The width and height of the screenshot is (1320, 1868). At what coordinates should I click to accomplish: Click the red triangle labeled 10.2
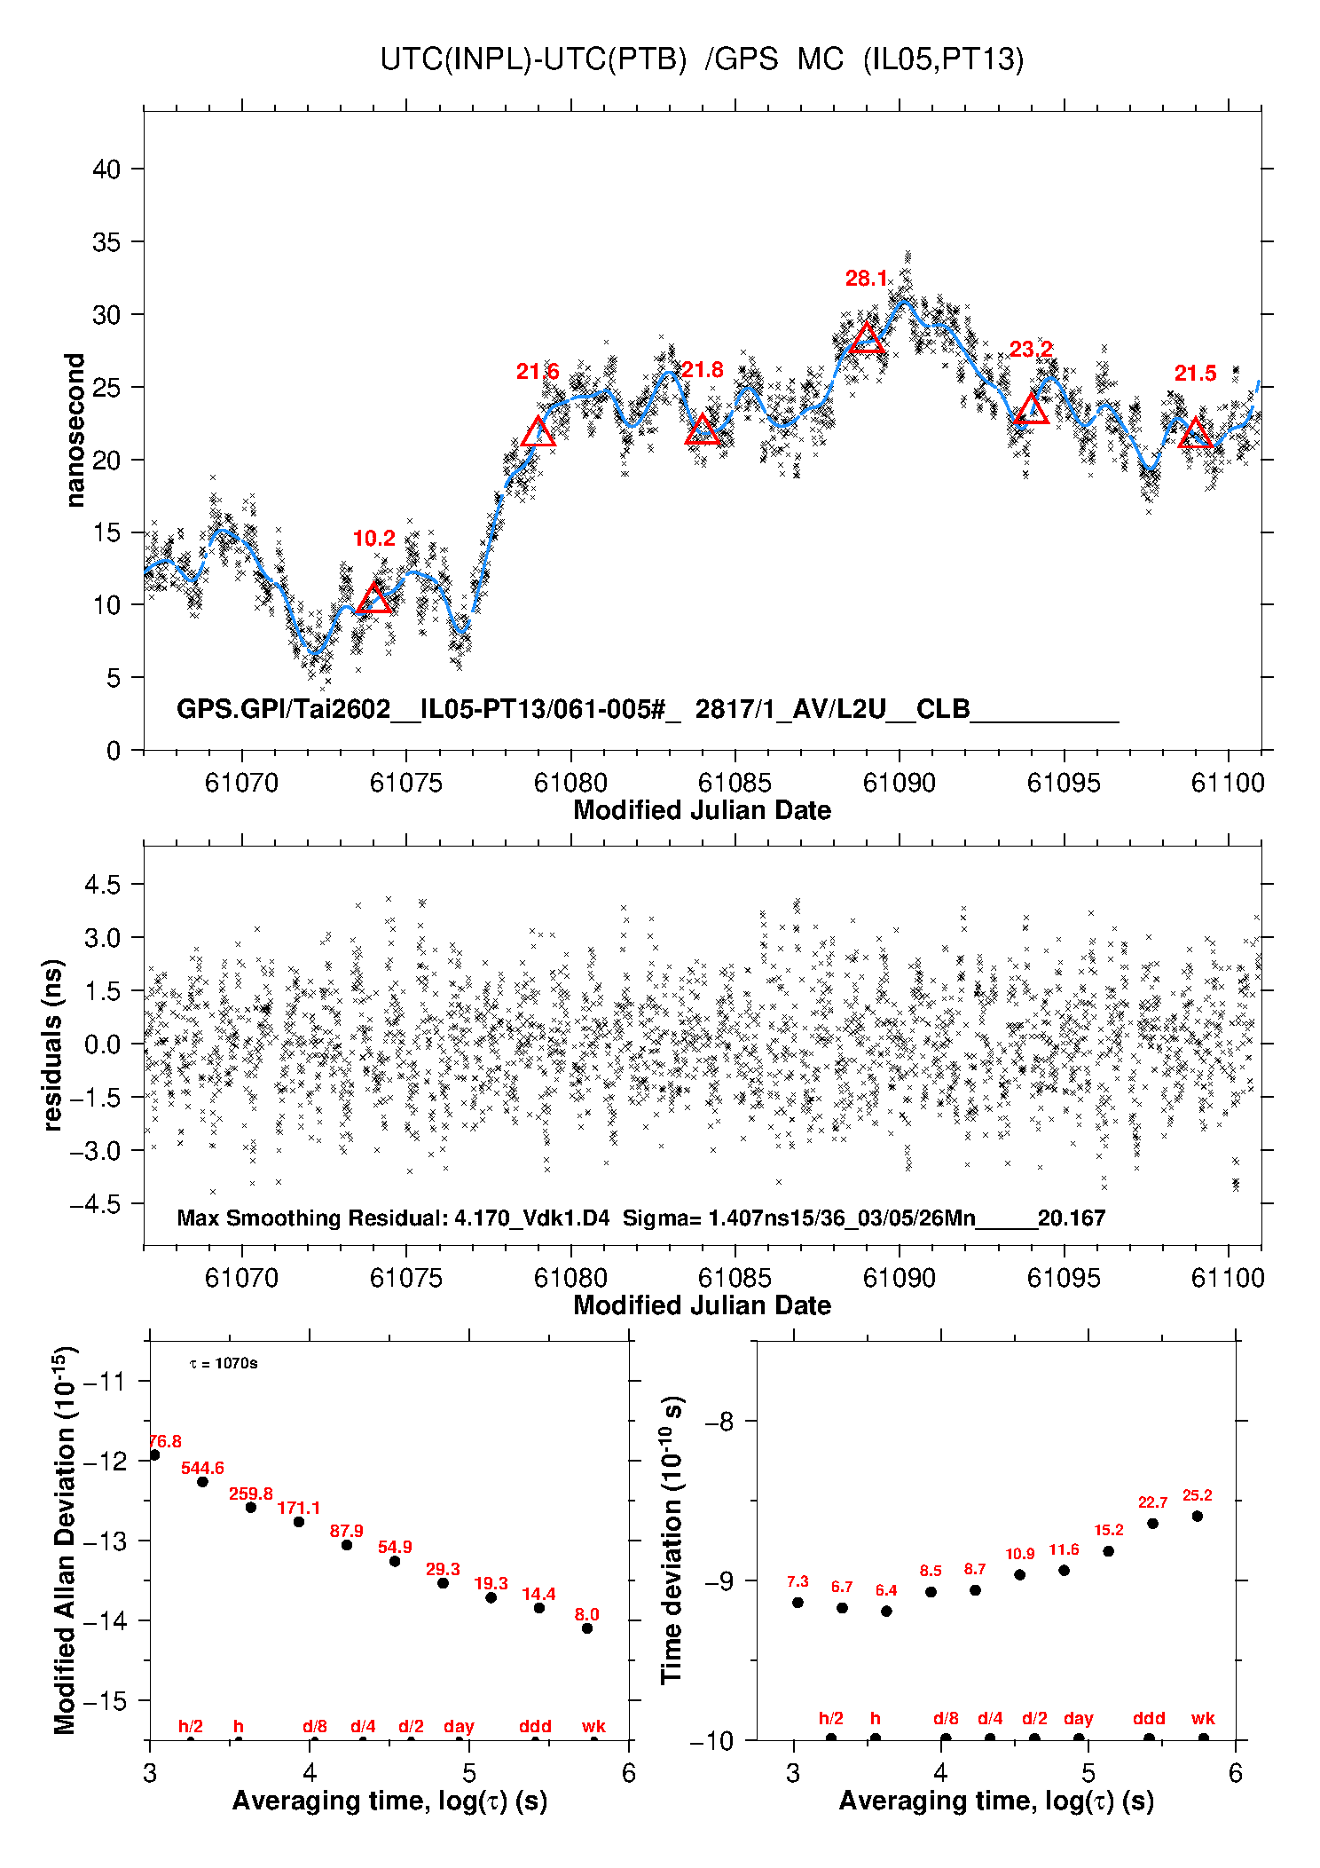[373, 599]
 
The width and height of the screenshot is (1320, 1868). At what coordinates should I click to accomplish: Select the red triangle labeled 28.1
[867, 338]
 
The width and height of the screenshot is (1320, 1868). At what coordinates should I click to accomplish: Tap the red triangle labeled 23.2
[1031, 409]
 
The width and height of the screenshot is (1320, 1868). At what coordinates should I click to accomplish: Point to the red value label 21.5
[1195, 374]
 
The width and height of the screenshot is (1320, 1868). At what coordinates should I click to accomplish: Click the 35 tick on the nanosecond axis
[106, 242]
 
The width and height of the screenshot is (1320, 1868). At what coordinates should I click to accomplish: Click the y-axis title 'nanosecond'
[75, 430]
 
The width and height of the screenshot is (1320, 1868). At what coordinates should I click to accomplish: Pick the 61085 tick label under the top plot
[735, 783]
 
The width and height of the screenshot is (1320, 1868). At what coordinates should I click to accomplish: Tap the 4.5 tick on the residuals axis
[102, 885]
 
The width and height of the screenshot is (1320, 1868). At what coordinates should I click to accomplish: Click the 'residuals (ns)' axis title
[53, 1044]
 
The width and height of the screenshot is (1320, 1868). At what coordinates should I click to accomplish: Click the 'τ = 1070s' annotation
[224, 1363]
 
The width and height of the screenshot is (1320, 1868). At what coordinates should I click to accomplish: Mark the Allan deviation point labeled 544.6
[202, 1482]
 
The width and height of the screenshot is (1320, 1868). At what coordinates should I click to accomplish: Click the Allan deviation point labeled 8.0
[586, 1628]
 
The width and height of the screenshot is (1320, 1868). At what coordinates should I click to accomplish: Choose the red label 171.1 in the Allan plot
[298, 1508]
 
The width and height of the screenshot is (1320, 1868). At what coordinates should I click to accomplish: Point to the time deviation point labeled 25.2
[1197, 1517]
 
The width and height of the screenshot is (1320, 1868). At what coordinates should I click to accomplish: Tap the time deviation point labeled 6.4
[885, 1611]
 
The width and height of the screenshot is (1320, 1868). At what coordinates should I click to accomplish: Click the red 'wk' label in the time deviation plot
[1203, 1719]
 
